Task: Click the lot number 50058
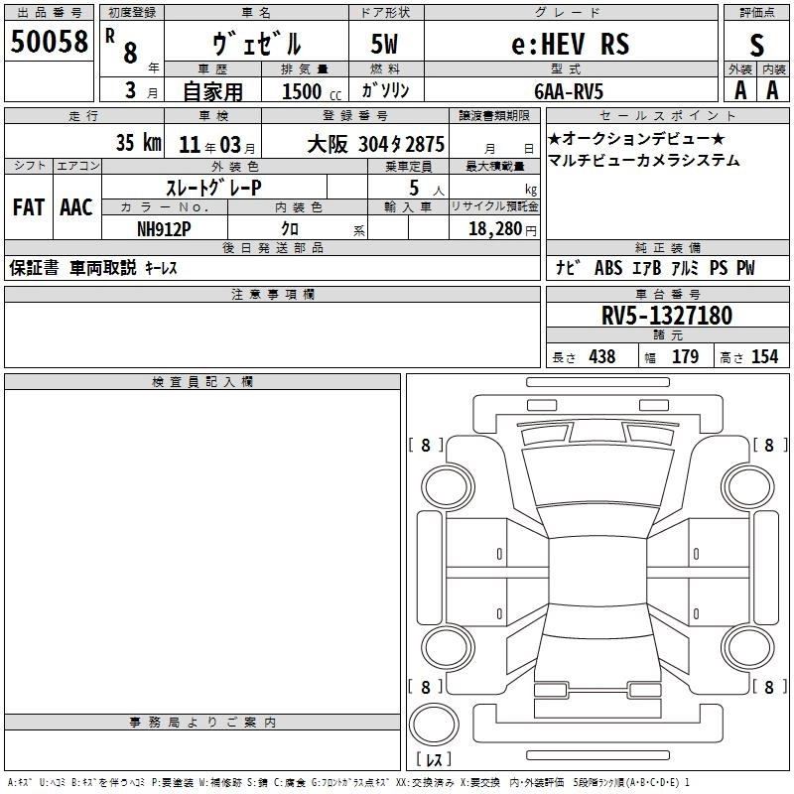[49, 41]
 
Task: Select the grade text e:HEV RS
[571, 44]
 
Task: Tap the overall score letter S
[756, 45]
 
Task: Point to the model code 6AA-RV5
[569, 91]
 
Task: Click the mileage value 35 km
[138, 142]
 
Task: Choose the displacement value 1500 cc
[312, 91]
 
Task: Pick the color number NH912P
[164, 229]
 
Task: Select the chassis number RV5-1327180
[667, 316]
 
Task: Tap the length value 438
[602, 356]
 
